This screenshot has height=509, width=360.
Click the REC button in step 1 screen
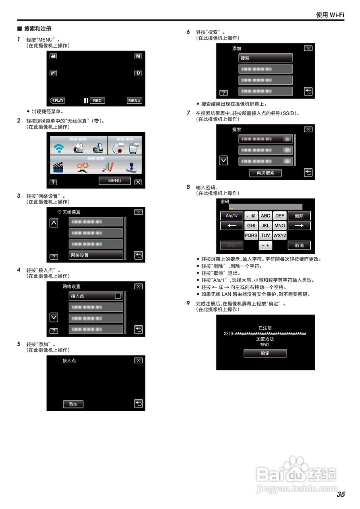tap(97, 101)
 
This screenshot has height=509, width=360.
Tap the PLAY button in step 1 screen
tap(57, 101)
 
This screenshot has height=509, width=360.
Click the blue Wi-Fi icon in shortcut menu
tap(59, 148)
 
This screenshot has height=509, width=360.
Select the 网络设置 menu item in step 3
tap(95, 255)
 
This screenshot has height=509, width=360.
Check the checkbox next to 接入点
tap(117, 296)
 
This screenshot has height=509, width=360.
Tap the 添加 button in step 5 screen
tap(73, 404)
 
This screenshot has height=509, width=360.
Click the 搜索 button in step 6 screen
tap(265, 58)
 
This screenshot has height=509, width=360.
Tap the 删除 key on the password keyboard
tap(299, 216)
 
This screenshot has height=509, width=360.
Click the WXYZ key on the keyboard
tap(280, 235)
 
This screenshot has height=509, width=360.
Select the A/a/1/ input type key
tap(232, 216)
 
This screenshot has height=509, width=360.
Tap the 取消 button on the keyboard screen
tap(299, 245)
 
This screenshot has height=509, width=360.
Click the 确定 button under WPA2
tap(265, 353)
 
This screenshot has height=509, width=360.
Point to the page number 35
tap(341, 494)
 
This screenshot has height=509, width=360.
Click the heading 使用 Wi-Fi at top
tap(330, 15)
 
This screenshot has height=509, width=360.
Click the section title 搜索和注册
tap(37, 29)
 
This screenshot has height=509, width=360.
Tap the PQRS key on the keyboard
tap(251, 235)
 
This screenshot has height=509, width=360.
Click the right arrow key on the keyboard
tap(299, 225)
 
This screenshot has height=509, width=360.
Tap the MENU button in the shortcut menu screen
tap(115, 181)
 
